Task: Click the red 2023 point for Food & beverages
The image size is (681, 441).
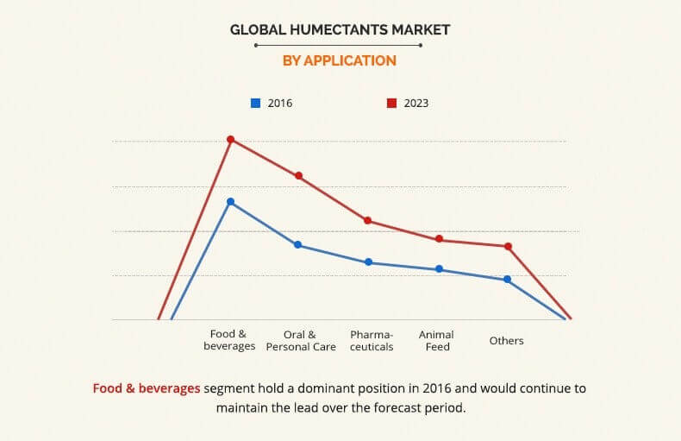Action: tap(230, 139)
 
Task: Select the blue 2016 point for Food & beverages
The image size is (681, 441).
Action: tap(230, 202)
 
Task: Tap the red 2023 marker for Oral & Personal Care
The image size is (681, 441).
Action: tap(299, 176)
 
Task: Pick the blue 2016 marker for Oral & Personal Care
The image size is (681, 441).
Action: tap(298, 245)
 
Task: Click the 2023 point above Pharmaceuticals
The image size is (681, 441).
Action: tap(367, 221)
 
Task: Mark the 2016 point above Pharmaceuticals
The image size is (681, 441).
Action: tap(368, 262)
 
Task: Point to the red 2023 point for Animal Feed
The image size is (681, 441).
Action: tap(439, 239)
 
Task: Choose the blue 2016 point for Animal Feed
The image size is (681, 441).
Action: tap(439, 269)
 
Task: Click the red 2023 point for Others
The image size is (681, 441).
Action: tap(509, 247)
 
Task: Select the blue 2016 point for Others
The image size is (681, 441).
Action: tap(508, 280)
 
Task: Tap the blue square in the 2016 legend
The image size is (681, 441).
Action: tap(255, 103)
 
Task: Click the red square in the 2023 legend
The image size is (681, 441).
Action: tap(391, 103)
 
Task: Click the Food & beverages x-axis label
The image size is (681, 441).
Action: tap(229, 340)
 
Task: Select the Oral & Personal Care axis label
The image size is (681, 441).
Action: tap(299, 340)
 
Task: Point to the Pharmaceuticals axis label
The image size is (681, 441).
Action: tap(372, 340)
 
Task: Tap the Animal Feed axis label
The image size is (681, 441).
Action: tap(436, 340)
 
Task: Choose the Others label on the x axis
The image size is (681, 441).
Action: tap(506, 341)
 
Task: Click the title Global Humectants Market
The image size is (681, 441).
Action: tap(340, 30)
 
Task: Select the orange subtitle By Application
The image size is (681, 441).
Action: tap(340, 60)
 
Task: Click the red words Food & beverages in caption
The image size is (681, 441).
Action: tap(147, 388)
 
